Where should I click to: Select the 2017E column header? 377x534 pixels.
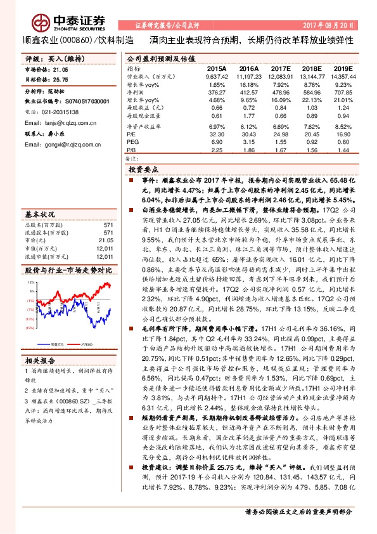click(281, 68)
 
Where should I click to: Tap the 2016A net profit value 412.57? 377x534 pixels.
click(250, 93)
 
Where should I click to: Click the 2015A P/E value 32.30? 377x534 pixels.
click(217, 135)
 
